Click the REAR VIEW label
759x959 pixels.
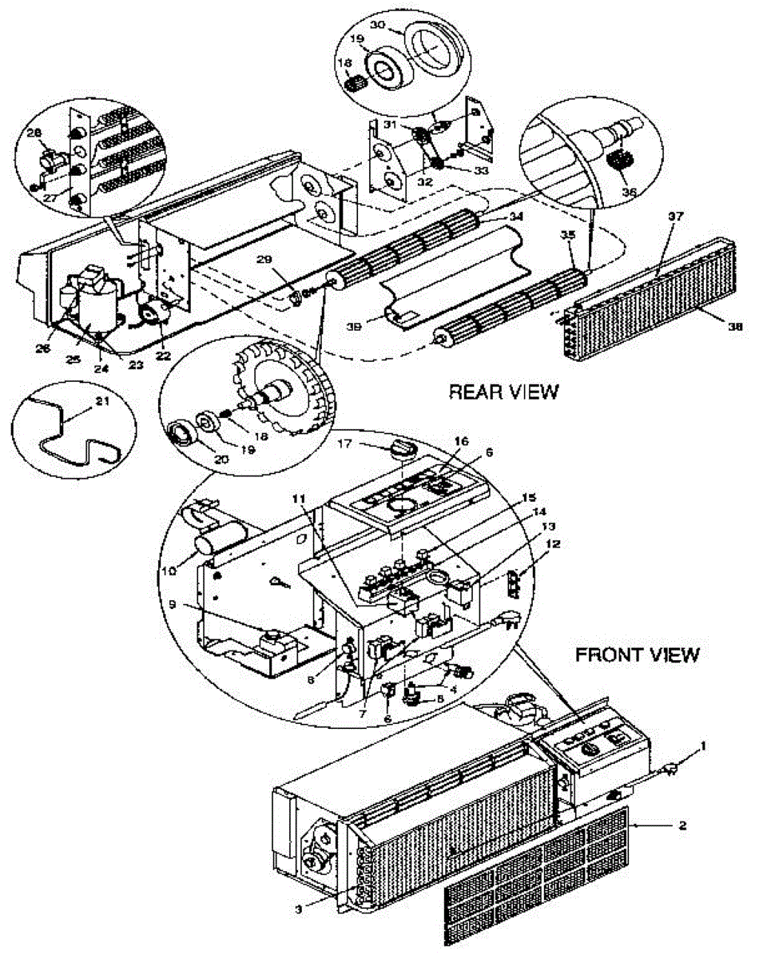pos(503,392)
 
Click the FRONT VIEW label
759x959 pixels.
pos(638,655)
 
